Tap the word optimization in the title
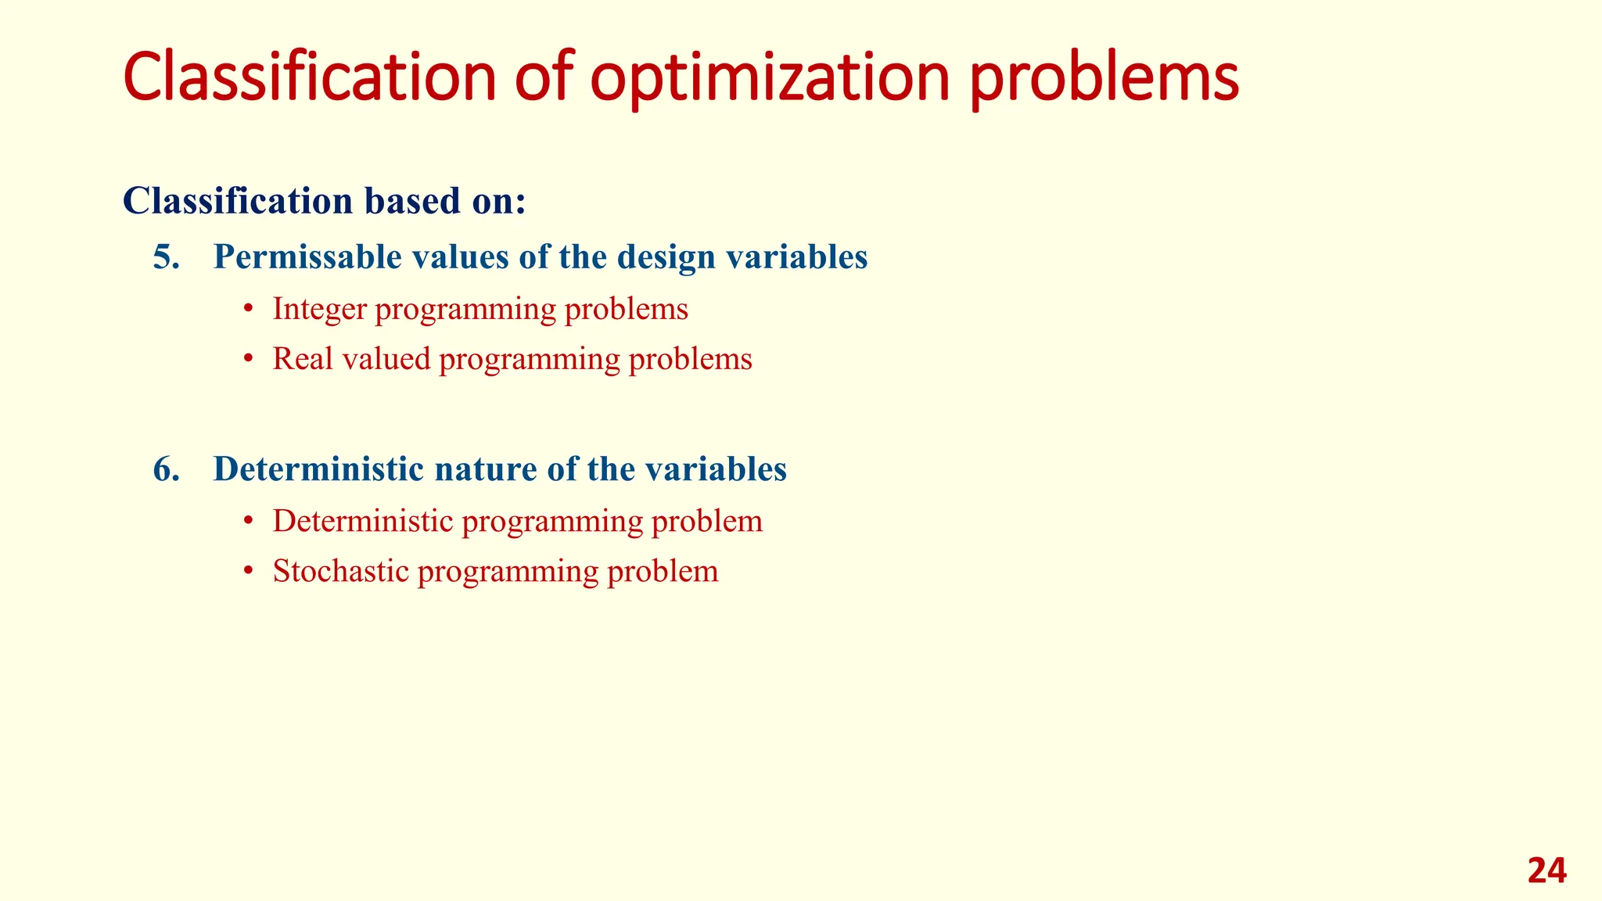coord(770,78)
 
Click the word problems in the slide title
coord(1104,78)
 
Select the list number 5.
coord(166,257)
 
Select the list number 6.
coord(166,469)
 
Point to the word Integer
coord(319,310)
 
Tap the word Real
coord(303,359)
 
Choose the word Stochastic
coord(341,571)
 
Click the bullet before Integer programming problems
coord(248,310)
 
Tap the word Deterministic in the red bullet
coord(363,521)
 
